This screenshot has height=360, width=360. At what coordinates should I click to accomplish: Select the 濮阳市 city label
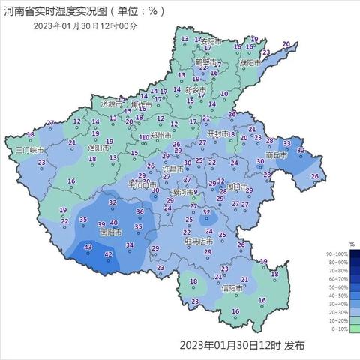249,63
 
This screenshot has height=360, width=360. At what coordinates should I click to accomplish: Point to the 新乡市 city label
196,88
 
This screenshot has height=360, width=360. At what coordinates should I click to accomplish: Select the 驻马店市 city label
199,241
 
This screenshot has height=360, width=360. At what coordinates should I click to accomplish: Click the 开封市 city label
220,135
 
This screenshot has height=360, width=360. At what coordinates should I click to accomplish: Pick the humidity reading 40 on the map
114,223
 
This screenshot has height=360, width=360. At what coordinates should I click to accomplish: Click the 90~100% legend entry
338,255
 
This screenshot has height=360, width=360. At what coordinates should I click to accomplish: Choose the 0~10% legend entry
338,328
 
